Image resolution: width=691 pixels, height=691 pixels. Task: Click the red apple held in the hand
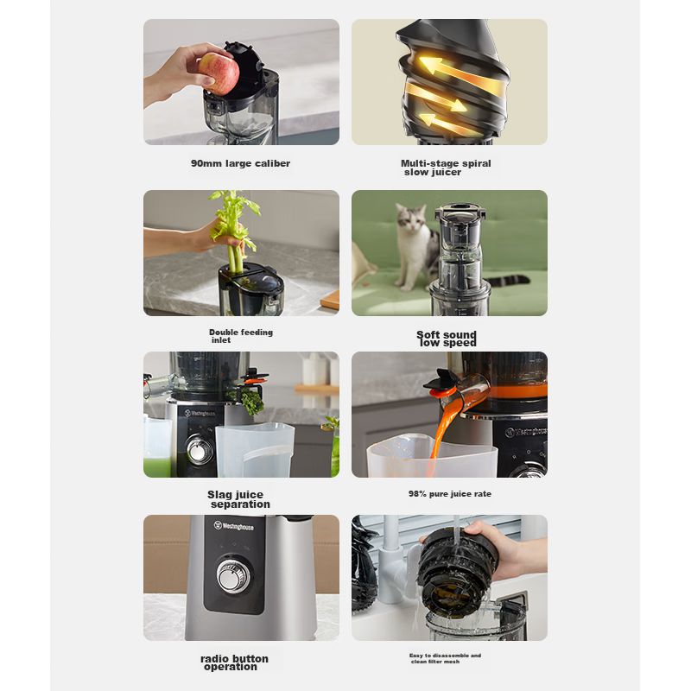(x=219, y=73)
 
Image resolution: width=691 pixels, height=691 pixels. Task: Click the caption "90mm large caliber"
(x=241, y=163)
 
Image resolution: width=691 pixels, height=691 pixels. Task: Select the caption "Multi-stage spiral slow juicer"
(x=446, y=168)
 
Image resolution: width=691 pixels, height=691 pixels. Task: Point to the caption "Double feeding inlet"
(x=241, y=336)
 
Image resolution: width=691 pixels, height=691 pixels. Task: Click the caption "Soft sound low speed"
(x=447, y=339)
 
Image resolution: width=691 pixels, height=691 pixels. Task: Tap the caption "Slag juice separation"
(x=238, y=499)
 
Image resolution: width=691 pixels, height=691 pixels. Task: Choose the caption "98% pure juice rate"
(x=449, y=494)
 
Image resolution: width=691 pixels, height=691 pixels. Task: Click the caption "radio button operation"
(x=234, y=662)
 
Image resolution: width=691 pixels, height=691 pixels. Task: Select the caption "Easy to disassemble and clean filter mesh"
(x=445, y=658)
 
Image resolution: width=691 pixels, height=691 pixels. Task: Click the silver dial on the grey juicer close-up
(x=233, y=574)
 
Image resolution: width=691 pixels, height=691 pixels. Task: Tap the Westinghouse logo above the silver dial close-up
(x=233, y=526)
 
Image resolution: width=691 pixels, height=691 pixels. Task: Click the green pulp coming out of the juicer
(x=252, y=402)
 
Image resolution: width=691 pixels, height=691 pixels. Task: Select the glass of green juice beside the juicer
(x=157, y=447)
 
